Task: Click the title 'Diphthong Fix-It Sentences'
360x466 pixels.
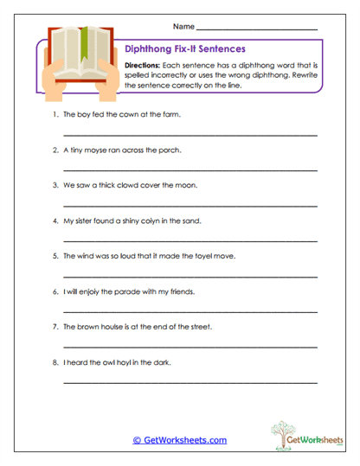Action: [x=185, y=49]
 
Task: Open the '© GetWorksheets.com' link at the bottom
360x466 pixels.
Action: [x=180, y=440]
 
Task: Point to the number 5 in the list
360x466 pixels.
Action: [x=55, y=256]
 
